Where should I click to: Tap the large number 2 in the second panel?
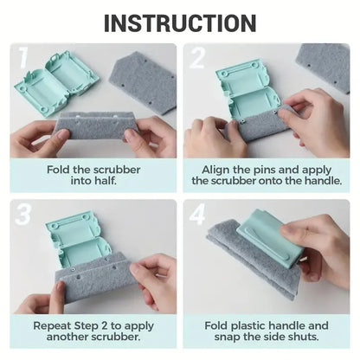point(198,59)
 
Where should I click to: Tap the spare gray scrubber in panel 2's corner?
point(325,65)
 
